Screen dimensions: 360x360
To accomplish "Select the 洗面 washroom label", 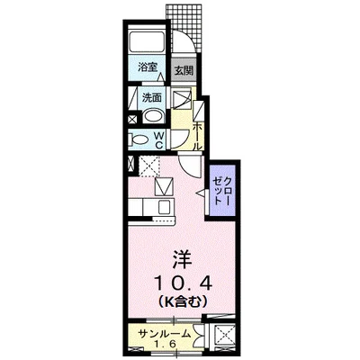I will click(x=151, y=96).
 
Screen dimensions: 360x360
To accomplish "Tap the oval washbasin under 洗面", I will click(x=153, y=114).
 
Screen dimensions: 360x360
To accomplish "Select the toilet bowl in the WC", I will click(x=139, y=139).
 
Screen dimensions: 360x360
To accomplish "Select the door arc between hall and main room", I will click(x=189, y=167).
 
